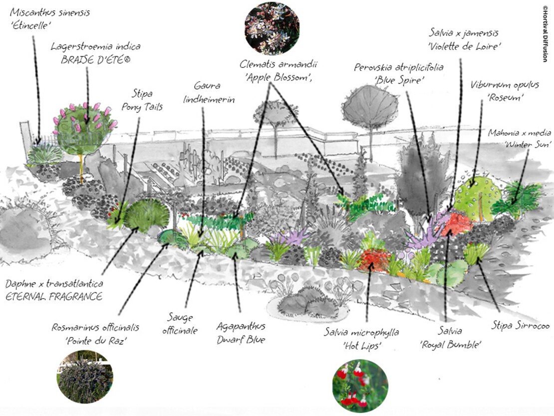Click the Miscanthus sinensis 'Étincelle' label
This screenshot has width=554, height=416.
click(50, 18)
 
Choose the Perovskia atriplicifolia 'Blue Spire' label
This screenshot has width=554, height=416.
click(399, 73)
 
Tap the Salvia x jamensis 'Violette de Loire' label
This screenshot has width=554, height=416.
click(465, 39)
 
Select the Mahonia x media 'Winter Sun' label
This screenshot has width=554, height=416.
click(520, 138)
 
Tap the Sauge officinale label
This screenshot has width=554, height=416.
click(182, 324)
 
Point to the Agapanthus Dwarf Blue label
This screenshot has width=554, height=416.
click(241, 333)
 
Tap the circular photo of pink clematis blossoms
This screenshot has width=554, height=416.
click(272, 27)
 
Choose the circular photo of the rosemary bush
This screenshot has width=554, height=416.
click(84, 377)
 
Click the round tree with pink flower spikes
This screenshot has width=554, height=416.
click(85, 127)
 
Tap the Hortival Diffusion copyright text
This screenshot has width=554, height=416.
click(545, 33)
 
